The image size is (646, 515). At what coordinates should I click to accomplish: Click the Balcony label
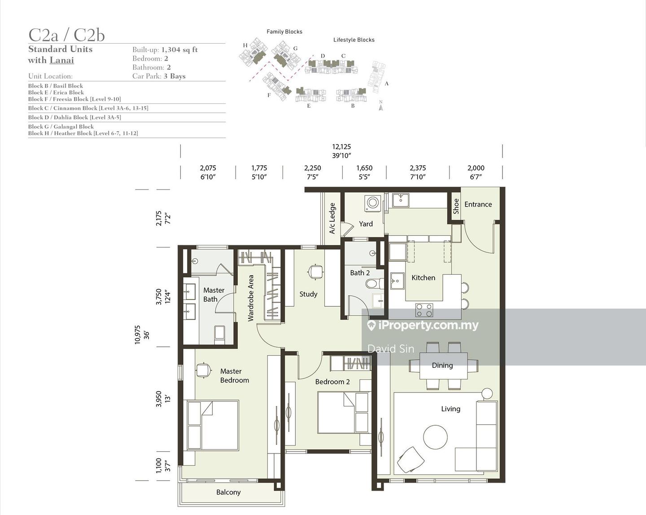[x=228, y=492]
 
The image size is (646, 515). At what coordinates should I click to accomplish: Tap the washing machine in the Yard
[x=373, y=204]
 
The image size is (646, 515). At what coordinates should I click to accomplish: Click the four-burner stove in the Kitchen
[x=424, y=310]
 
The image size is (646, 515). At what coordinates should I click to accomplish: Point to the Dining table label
[x=442, y=365]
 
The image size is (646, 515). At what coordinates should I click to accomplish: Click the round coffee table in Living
[x=435, y=437]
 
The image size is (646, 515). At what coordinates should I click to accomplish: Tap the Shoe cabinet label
[x=456, y=206]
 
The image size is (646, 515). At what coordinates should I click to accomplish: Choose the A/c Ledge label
[x=332, y=218]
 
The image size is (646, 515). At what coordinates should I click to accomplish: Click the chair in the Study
[x=315, y=272]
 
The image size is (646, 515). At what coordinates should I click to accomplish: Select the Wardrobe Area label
[x=251, y=298]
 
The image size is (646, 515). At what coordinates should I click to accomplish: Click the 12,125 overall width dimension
[x=341, y=147]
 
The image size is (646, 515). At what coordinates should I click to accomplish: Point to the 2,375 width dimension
[x=418, y=168]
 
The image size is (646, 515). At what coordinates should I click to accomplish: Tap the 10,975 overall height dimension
[x=137, y=335]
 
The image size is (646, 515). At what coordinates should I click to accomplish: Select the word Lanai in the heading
[x=61, y=60]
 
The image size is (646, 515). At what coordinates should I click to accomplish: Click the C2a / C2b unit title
[x=66, y=35]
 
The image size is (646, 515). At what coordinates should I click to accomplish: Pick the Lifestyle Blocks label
[x=354, y=40]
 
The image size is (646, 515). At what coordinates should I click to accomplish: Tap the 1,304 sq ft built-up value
[x=179, y=49]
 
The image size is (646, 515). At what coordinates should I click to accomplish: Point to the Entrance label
[x=478, y=204]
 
